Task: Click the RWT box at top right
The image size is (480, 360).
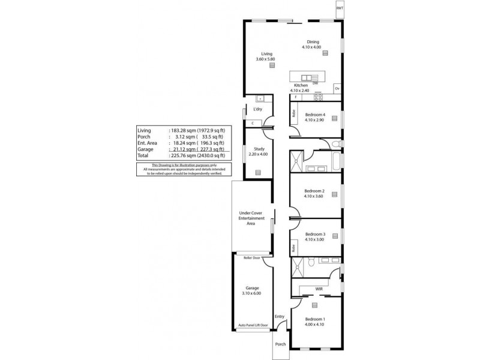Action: pos(340,9)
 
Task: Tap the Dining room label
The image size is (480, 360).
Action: pos(313,42)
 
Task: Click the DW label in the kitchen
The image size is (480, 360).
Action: pos(315,83)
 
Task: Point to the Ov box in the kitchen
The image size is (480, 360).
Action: pos(337,88)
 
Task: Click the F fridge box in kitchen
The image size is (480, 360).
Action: pos(295,97)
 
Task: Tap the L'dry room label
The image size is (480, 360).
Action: pos(257,109)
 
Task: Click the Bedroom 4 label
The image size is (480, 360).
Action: pos(315,115)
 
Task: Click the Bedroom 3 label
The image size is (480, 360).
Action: pos(315,235)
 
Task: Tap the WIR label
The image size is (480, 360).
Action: pos(319,289)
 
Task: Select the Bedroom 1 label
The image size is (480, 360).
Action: pos(314,319)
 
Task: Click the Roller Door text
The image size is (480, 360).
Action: pos(251,257)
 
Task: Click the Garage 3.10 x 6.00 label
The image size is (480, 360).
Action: pos(251,290)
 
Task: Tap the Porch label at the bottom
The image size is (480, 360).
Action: pos(280,344)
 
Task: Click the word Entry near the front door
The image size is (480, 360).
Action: pos(280,317)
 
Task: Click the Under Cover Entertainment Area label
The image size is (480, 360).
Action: pos(251,218)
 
